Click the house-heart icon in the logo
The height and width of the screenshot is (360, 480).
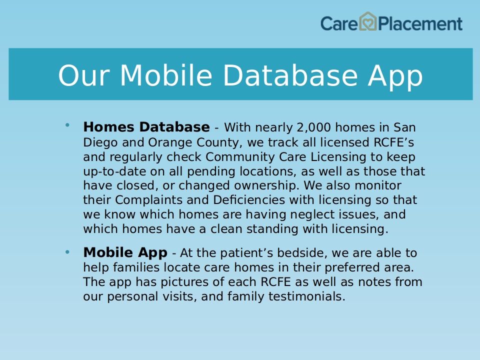point(367,21)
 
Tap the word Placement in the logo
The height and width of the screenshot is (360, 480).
point(420,24)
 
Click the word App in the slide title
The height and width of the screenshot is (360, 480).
point(395,77)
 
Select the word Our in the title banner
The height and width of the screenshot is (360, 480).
point(84,75)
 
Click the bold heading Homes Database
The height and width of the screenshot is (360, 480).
point(146,127)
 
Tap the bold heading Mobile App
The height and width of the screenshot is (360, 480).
point(125,253)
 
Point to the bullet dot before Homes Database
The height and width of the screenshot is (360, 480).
point(67,124)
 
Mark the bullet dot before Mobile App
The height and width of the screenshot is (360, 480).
point(67,252)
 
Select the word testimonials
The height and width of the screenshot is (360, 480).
point(306,296)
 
